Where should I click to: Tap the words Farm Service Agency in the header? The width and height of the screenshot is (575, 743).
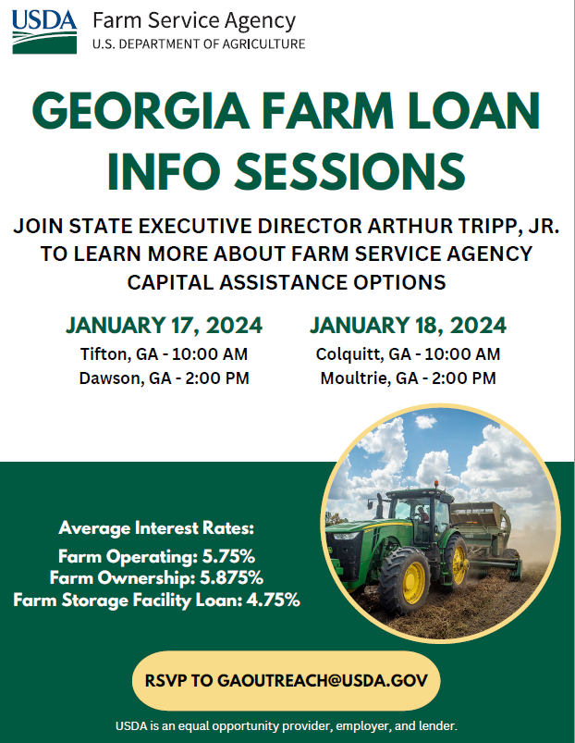pyautogui.click(x=194, y=20)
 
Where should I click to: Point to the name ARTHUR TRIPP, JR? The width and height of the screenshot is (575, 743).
pyautogui.click(x=451, y=227)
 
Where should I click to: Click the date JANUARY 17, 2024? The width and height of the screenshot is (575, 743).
pyautogui.click(x=164, y=326)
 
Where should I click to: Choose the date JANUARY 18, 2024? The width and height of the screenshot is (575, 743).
pyautogui.click(x=408, y=326)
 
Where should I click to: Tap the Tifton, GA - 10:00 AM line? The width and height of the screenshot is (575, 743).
pyautogui.click(x=164, y=354)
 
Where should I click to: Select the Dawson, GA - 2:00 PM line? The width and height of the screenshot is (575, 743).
pyautogui.click(x=164, y=378)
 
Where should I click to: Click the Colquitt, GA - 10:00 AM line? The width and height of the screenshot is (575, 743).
pyautogui.click(x=408, y=354)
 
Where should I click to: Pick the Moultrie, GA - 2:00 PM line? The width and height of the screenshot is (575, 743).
pyautogui.click(x=408, y=378)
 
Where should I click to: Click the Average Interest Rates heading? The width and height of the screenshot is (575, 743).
pyautogui.click(x=156, y=528)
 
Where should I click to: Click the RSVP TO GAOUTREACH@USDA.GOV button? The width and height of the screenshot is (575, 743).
pyautogui.click(x=286, y=680)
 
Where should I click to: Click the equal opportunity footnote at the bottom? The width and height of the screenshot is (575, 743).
pyautogui.click(x=287, y=725)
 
